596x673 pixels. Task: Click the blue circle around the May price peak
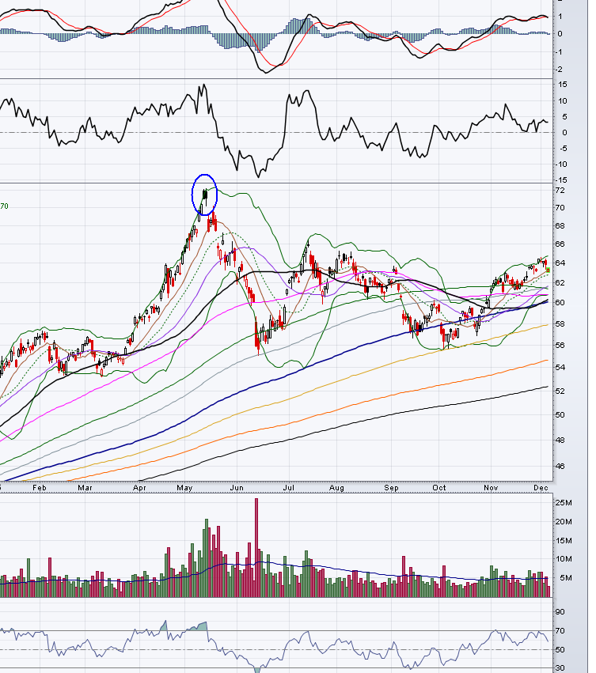pyautogui.click(x=204, y=194)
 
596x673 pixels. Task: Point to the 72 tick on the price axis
pyautogui.click(x=560, y=191)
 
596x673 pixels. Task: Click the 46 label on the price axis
pyautogui.click(x=560, y=467)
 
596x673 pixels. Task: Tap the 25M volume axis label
pyautogui.click(x=563, y=503)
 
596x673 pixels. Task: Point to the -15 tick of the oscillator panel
pyautogui.click(x=561, y=180)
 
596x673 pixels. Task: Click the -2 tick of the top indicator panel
pyautogui.click(x=560, y=70)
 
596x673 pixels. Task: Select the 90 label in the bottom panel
pyautogui.click(x=560, y=612)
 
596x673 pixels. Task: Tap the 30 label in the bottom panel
pyautogui.click(x=560, y=668)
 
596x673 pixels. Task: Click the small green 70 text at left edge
pyautogui.click(x=5, y=206)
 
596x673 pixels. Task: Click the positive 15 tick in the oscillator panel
pyautogui.click(x=561, y=100)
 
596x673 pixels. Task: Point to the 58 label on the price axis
pyautogui.click(x=560, y=324)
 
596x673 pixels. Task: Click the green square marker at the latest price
pyautogui.click(x=548, y=270)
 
